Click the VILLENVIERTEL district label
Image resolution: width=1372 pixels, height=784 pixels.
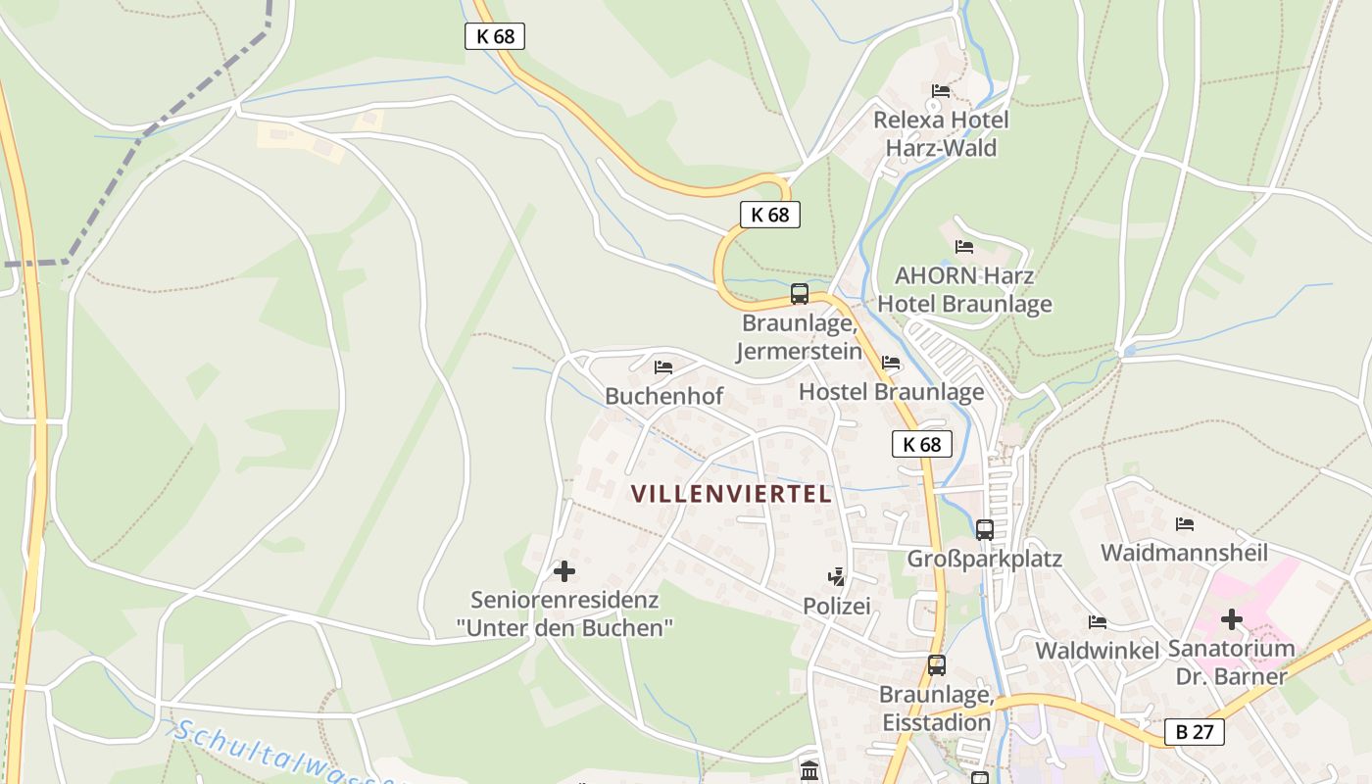click(731, 494)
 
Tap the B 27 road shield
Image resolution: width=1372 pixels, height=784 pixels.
click(1195, 731)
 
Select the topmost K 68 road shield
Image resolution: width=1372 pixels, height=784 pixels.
click(495, 36)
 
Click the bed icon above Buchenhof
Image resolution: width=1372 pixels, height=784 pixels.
click(663, 367)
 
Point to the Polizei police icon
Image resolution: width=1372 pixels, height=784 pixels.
click(836, 577)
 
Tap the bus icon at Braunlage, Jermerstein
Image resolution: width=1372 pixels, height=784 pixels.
click(800, 293)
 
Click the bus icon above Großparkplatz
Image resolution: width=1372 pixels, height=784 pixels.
click(985, 530)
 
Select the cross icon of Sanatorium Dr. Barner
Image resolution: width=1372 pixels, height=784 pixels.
click(1232, 619)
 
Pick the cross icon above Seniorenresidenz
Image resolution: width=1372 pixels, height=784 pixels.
click(564, 570)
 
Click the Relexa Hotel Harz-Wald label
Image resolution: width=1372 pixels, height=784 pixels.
click(941, 134)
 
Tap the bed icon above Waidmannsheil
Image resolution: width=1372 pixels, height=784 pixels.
click(1185, 524)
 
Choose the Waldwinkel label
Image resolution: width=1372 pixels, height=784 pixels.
click(1098, 651)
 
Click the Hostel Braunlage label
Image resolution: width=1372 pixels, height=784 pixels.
click(892, 392)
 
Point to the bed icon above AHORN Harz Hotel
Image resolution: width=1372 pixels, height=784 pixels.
click(964, 246)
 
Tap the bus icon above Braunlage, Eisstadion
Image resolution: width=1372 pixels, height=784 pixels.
click(937, 665)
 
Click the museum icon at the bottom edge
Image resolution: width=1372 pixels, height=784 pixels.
click(809, 770)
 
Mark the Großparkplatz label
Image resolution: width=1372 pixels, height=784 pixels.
click(985, 559)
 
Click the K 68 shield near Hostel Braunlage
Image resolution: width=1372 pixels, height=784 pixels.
click(922, 444)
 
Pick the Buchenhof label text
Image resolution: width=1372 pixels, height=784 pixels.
click(664, 396)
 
